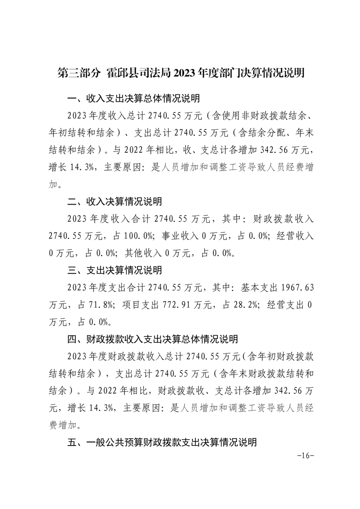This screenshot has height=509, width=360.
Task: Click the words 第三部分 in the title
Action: click(78, 73)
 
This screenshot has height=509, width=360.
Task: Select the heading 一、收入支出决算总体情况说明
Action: click(133, 98)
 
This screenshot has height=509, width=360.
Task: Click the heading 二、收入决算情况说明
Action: click(114, 201)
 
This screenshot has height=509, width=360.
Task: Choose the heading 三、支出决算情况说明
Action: click(114, 270)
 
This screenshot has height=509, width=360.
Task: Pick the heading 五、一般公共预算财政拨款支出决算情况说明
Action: click(162, 442)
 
